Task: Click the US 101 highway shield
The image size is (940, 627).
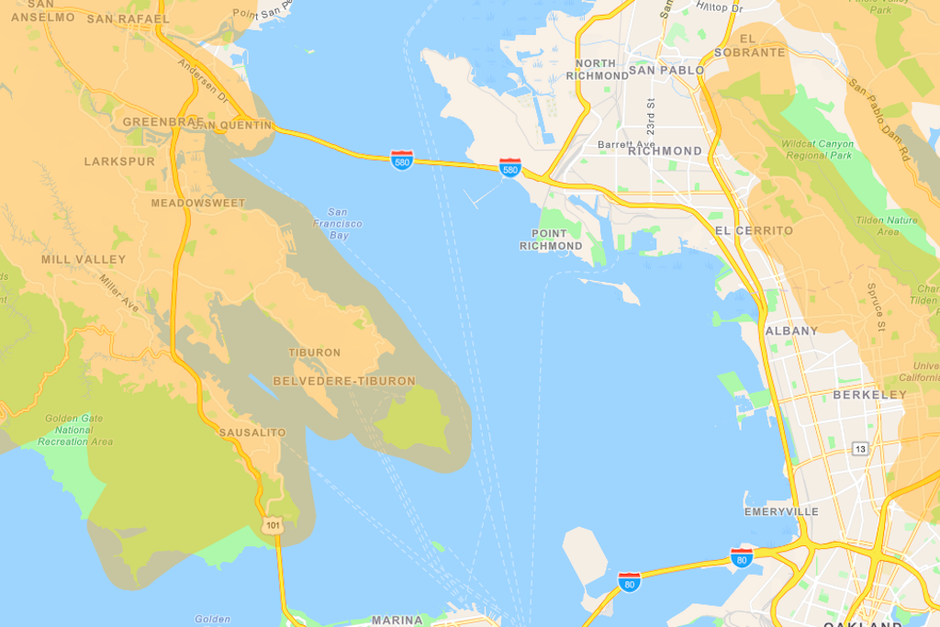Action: (x=273, y=526)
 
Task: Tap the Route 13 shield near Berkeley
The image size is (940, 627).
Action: (x=860, y=448)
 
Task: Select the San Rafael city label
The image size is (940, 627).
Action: (x=129, y=18)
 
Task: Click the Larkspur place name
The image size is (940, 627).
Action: (x=119, y=162)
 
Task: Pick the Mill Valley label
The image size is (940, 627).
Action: (x=84, y=260)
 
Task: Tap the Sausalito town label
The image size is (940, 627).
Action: (x=252, y=432)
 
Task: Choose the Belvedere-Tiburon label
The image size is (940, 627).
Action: (x=344, y=381)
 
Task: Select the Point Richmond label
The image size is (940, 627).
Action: (x=551, y=240)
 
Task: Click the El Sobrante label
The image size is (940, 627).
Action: (x=762, y=46)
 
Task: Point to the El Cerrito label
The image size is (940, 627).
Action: (x=753, y=230)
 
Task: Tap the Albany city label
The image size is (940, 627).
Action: (x=791, y=330)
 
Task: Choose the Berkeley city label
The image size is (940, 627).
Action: (x=869, y=395)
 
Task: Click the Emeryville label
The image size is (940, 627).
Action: (x=781, y=511)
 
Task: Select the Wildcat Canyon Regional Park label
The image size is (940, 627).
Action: (x=818, y=150)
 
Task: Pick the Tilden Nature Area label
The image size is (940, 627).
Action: (x=887, y=226)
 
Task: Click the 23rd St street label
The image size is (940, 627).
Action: (x=650, y=117)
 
